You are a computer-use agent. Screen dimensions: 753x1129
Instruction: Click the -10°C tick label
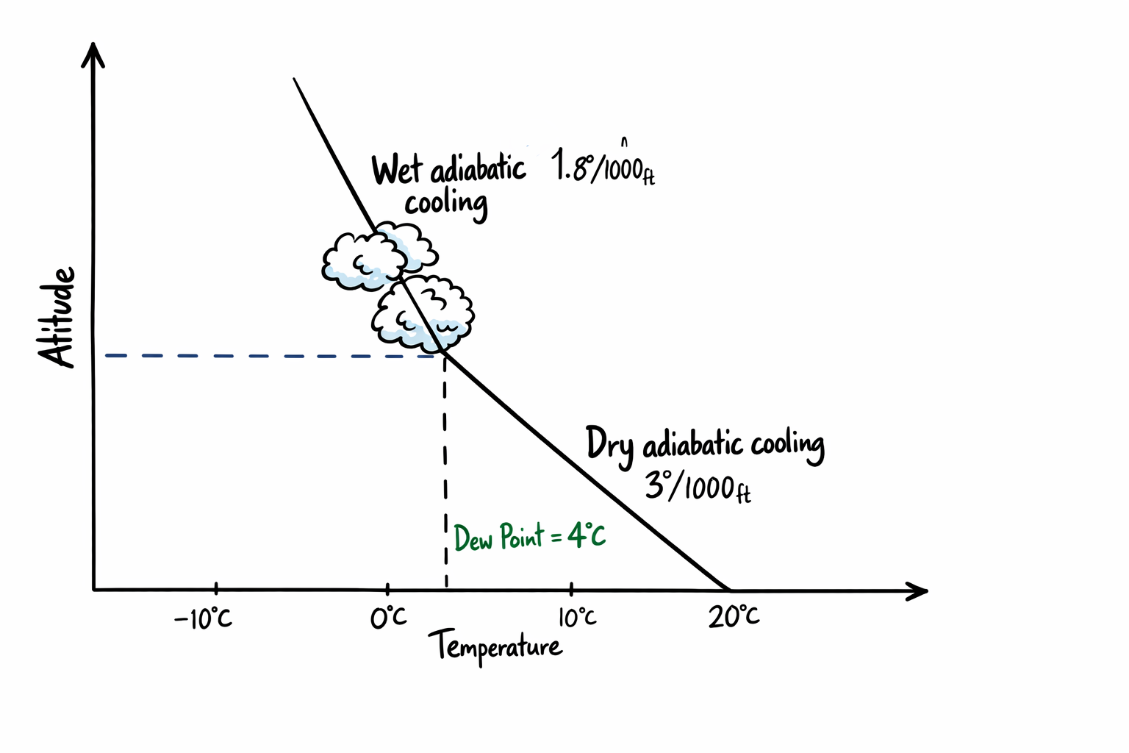pos(203,618)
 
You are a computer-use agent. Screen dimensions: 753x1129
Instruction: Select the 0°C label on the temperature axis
pos(388,618)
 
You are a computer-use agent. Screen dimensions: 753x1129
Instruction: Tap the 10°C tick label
pos(577,617)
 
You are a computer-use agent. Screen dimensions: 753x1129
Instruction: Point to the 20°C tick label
pos(734,616)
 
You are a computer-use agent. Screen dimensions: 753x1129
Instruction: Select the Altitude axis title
pos(58,317)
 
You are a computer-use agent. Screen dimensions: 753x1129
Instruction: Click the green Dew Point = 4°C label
pos(529,537)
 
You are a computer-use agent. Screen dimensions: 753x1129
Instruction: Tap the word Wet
pos(397,171)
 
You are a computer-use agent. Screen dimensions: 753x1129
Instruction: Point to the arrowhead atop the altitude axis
pos(93,54)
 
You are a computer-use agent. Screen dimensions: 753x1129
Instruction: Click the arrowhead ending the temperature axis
pos(918,590)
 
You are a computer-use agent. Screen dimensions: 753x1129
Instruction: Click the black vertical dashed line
pos(445,471)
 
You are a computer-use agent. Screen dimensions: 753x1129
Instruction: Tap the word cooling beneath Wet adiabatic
pos(446,204)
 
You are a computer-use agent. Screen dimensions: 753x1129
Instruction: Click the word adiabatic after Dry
pos(692,446)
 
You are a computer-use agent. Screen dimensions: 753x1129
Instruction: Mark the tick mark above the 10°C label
pos(572,589)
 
